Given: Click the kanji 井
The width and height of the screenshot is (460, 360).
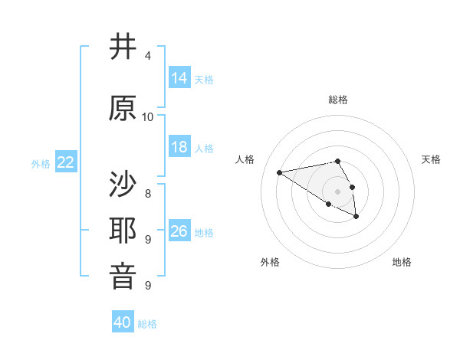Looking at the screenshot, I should coord(123,47).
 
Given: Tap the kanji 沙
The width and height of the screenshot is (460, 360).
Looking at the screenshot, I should coord(123,184).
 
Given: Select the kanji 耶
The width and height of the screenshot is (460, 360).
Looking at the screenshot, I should coord(123,230).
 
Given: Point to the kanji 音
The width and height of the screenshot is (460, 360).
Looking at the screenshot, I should coord(123,276).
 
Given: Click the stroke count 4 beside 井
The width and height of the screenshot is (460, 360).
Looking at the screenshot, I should coord(147,56).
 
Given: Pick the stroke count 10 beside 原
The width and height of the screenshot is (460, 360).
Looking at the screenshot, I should coord(148,116).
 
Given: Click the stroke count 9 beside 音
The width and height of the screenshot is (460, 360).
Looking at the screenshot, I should coord(147,285).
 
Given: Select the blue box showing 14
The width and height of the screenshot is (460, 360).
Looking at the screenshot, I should coord(179,78).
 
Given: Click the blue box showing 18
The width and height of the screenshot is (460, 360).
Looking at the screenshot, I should coord(179,147).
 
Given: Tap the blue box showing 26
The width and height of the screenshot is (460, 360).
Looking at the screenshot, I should coord(179,231).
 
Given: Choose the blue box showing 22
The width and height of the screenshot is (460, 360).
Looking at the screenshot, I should coord(66,162).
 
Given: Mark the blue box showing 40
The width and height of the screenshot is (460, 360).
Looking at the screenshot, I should coord(123,322).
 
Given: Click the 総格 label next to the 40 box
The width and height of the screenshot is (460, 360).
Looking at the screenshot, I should coord(147,324).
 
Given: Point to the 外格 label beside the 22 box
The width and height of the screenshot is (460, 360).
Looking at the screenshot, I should coord(41,163).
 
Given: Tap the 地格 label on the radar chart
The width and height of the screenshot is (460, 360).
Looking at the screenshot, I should coord(402,262).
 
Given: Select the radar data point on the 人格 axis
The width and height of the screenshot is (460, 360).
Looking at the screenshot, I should coord(280,172).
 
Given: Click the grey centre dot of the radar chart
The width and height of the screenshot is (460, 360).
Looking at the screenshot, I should coord(337,191).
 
